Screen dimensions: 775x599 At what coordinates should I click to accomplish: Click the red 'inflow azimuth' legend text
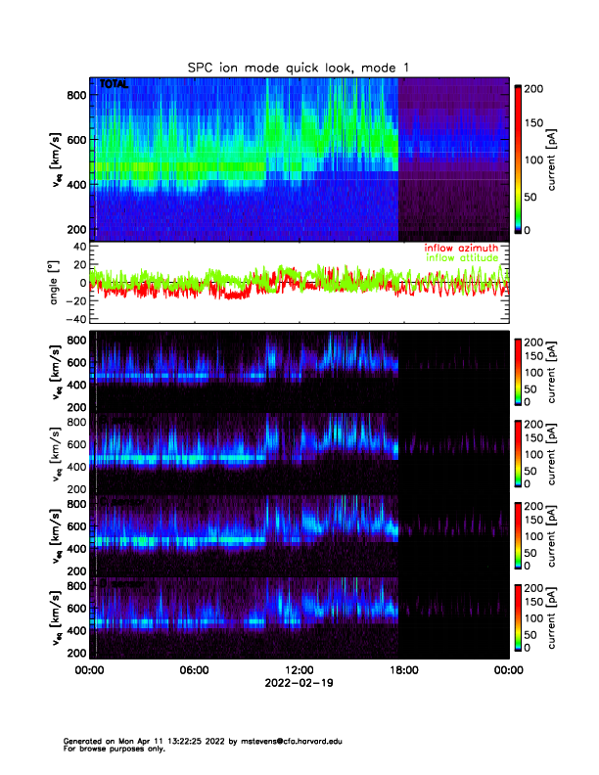460,248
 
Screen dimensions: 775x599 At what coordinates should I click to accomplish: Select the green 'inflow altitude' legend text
462,257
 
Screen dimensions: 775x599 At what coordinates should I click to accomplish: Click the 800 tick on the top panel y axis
75,94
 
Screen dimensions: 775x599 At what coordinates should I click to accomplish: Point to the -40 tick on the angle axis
73,319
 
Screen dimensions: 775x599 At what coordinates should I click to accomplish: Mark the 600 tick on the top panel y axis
75,140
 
